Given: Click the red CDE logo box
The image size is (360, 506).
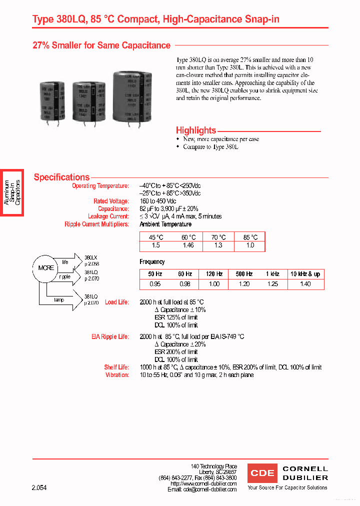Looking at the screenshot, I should (262, 473).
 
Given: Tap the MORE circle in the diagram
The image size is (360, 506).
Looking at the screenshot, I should (46, 268).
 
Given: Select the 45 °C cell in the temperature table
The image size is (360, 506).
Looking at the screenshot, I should (156, 237).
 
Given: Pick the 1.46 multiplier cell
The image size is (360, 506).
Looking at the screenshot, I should (188, 245).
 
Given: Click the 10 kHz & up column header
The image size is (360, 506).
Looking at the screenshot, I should (305, 274).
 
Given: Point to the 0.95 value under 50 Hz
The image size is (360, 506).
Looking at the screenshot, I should (155, 284).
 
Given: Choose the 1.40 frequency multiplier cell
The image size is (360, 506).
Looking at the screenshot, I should (305, 284).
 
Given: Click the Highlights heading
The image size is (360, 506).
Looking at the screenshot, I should (196, 130).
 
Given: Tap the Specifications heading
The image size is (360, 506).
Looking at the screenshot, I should (61, 177).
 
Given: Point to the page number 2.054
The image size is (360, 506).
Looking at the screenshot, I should (39, 487).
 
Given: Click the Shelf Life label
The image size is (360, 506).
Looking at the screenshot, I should (116, 367).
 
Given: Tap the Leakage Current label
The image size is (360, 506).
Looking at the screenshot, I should (108, 216).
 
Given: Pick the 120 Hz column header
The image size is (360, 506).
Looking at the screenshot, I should (214, 274).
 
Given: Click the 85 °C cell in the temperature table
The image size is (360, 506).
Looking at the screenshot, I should (250, 237).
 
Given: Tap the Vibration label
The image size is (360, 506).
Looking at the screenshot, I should (117, 375).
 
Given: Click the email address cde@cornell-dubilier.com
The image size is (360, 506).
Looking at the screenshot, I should (210, 490).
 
